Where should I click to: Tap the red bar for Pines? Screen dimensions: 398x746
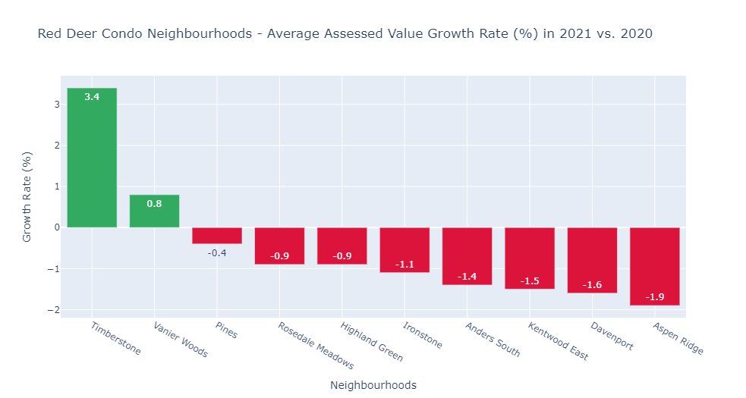[x=217, y=235]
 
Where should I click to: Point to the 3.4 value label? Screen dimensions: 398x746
[x=92, y=97]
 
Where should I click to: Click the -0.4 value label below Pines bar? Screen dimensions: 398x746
[x=217, y=252]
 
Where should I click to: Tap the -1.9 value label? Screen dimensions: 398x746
[x=654, y=296]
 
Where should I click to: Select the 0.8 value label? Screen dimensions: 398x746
[x=154, y=203]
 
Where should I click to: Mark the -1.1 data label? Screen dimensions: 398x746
[x=404, y=264]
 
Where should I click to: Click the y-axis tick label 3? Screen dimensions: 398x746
[x=56, y=105]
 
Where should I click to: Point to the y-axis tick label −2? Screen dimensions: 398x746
[x=53, y=309]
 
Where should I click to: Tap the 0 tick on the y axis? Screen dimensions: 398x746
[x=56, y=227]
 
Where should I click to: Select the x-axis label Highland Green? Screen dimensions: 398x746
[x=371, y=342]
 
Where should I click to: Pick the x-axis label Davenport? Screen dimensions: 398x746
[x=611, y=336]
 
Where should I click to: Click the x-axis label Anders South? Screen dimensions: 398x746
[x=493, y=340]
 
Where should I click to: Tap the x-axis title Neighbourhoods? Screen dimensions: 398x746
[x=373, y=385]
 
